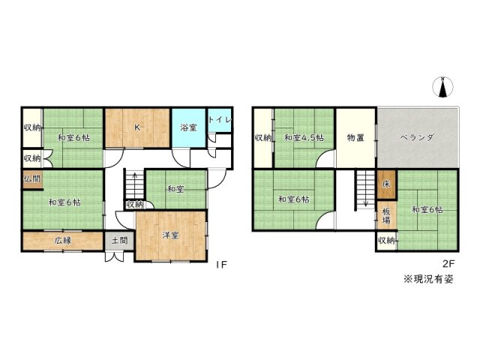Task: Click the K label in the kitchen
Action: tap(136, 127)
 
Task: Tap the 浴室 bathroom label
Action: tap(188, 128)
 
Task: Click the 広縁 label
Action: tap(62, 241)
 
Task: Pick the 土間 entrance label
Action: tap(118, 241)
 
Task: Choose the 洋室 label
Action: tap(170, 235)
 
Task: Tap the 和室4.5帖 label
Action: tap(304, 138)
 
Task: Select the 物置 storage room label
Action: tap(355, 138)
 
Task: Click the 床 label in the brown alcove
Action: tap(384, 184)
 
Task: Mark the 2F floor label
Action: tap(448, 264)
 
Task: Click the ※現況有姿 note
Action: tap(429, 279)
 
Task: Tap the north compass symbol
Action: tap(442, 88)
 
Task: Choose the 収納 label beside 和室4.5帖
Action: tap(262, 138)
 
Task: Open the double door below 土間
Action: tap(115, 256)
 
